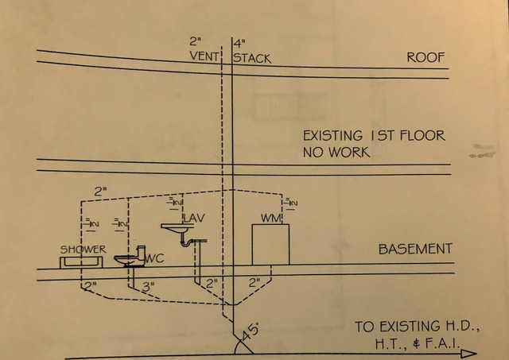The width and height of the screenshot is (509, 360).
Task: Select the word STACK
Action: coord(252,58)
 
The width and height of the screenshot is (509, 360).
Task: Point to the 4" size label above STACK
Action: coord(238,41)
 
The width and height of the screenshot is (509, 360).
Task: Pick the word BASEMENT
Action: coord(415,249)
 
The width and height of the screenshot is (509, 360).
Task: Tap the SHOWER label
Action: coord(84,250)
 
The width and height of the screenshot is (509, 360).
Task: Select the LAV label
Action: coord(194,218)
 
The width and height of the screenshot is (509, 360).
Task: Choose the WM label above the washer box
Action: coord(271,217)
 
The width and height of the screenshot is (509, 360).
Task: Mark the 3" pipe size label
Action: coord(148,284)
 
